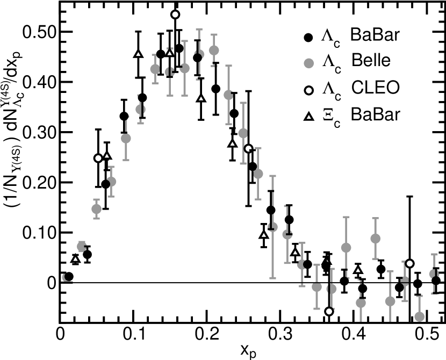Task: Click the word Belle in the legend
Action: (x=371, y=60)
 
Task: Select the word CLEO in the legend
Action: (x=375, y=87)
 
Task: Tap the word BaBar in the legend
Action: (x=375, y=114)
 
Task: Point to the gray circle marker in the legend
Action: (x=309, y=63)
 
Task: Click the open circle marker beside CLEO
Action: (x=309, y=90)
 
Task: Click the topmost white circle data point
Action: (x=175, y=15)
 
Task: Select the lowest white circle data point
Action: (x=329, y=311)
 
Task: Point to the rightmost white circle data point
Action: (x=409, y=263)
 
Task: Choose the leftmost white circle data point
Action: (x=98, y=158)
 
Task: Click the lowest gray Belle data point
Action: (x=420, y=316)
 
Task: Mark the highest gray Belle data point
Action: (x=213, y=51)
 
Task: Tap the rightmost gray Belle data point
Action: (x=434, y=274)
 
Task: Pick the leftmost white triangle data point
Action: (x=75, y=259)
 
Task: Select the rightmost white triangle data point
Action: (x=358, y=270)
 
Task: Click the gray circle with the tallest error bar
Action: (x=273, y=226)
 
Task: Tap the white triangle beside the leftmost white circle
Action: (x=106, y=156)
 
